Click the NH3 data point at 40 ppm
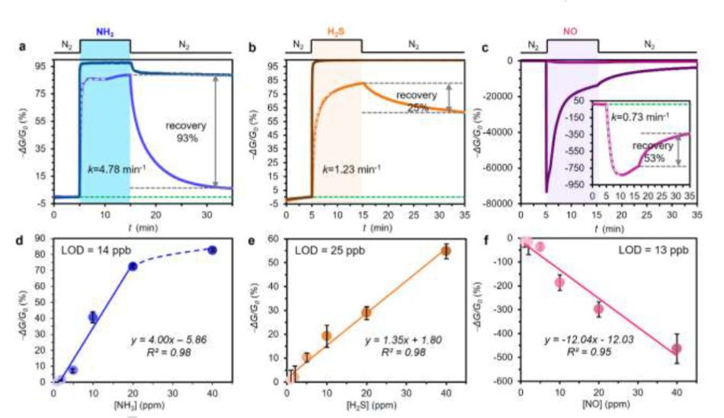click(213, 250)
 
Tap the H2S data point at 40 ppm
click(446, 250)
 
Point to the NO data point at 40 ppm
click(677, 349)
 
